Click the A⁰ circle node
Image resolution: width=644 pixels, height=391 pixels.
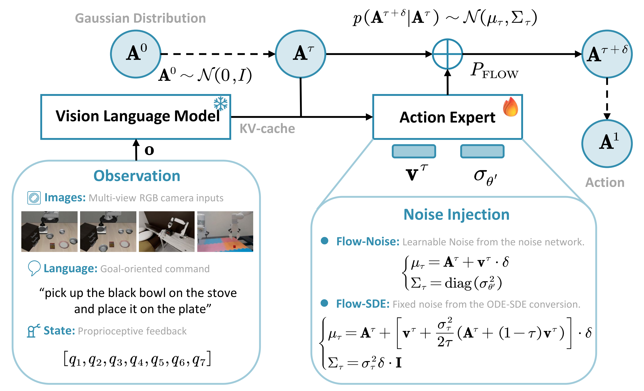click(x=136, y=54)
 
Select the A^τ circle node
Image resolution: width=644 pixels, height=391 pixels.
click(x=300, y=54)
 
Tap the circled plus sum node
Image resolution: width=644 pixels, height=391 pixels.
click(x=447, y=54)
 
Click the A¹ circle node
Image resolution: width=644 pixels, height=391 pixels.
click(x=607, y=144)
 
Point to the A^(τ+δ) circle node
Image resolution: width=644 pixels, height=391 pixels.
click(x=607, y=54)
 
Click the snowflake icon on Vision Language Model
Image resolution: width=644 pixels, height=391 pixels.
click(x=221, y=104)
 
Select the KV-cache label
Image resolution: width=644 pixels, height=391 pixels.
click(x=267, y=129)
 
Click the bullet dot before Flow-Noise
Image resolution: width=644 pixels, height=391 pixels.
click(x=324, y=241)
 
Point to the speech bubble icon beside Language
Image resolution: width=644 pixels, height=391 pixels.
click(x=34, y=268)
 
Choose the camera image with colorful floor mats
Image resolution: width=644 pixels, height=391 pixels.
click(x=225, y=232)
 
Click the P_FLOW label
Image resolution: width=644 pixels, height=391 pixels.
click(x=494, y=71)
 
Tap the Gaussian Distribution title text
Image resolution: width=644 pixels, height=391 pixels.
click(x=140, y=18)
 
